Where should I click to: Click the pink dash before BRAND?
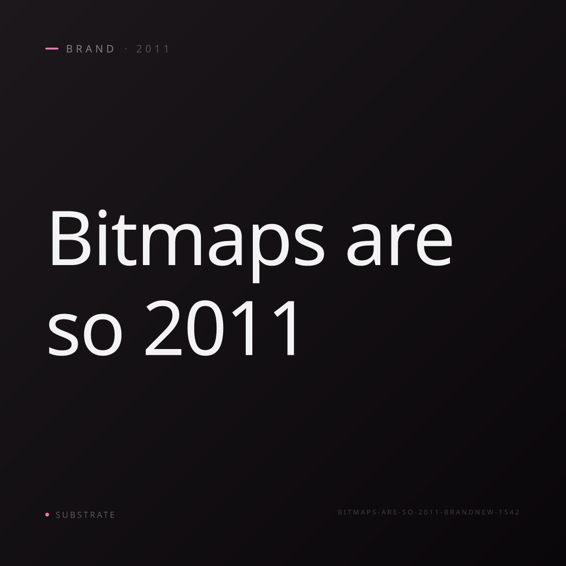pos(52,49)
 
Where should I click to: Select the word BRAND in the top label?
pos(90,49)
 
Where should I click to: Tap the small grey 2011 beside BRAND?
pos(153,49)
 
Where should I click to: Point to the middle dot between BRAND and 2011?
pos(126,49)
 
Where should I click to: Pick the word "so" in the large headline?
pos(84,335)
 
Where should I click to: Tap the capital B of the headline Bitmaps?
pos(69,238)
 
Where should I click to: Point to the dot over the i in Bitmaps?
pos(102,213)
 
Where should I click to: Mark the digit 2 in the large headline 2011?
pos(163,328)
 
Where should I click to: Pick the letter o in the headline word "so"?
pos(102,335)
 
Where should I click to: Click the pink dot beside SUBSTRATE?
pos(47,515)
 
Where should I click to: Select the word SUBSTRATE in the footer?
pos(85,515)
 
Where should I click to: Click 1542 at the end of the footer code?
pos(509,512)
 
